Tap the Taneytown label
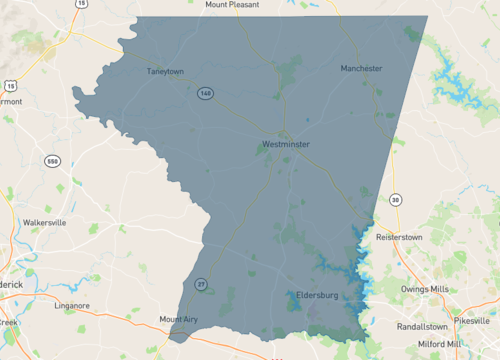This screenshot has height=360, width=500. (x=167, y=71)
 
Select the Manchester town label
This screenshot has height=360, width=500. (x=361, y=68)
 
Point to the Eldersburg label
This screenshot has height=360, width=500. (x=319, y=295)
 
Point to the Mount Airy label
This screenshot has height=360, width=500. (x=180, y=320)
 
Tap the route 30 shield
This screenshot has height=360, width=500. (x=396, y=200)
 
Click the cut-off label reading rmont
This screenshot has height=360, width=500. (x=10, y=101)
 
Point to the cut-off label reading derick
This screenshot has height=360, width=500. (x=12, y=284)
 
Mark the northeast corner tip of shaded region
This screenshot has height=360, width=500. (x=427, y=16)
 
